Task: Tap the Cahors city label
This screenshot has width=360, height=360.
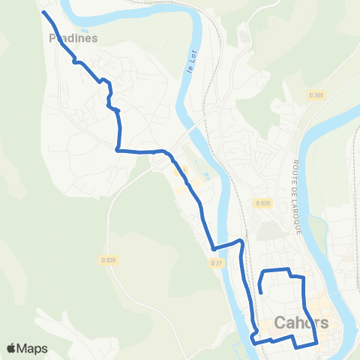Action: click(x=301, y=323)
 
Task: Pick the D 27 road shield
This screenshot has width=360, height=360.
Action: click(x=216, y=262)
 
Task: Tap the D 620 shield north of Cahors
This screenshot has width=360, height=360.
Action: click(x=262, y=203)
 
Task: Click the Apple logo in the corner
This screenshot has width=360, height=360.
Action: click(x=11, y=348)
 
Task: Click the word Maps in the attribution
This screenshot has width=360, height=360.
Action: click(x=32, y=348)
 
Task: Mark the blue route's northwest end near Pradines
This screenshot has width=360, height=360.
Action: click(x=43, y=13)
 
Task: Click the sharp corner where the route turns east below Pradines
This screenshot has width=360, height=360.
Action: click(x=118, y=150)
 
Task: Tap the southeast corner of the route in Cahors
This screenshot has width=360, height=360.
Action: click(x=316, y=342)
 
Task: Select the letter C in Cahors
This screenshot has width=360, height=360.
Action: click(x=280, y=323)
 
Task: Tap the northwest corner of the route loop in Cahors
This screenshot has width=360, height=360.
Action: click(x=262, y=270)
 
